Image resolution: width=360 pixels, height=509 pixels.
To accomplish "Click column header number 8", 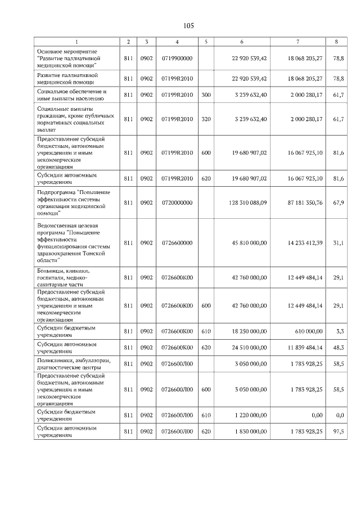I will [x=336, y=42].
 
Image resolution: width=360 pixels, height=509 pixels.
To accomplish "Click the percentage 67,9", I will [x=338, y=202].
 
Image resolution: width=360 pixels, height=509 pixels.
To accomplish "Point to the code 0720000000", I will [x=177, y=202].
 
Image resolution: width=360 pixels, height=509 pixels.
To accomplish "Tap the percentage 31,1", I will [x=338, y=243].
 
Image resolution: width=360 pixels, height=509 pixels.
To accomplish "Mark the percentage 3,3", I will [x=339, y=332].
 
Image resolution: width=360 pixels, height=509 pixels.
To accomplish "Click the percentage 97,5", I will [x=338, y=431].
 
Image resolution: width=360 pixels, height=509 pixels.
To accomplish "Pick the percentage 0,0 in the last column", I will [x=339, y=415].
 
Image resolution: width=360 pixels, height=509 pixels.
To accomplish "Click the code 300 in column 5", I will [x=206, y=95].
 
